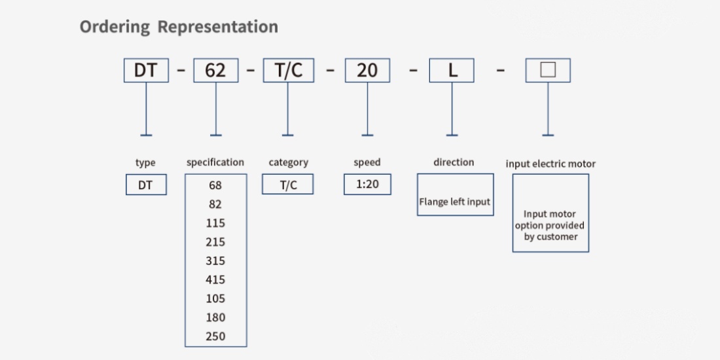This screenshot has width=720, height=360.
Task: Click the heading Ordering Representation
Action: [x=179, y=27]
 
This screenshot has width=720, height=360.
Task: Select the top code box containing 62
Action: [x=216, y=70]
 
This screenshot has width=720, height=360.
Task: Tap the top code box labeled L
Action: [x=452, y=70]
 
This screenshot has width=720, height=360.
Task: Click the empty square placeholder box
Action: [x=548, y=70]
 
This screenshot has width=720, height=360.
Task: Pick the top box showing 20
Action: [x=367, y=70]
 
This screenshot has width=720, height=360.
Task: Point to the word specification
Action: [x=215, y=162]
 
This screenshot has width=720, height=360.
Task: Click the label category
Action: [x=289, y=162]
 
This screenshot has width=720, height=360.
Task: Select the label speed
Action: [x=367, y=162]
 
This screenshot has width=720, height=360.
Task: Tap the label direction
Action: [x=454, y=162]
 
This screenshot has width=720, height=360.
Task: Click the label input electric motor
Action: [x=550, y=164]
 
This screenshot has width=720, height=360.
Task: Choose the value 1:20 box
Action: [x=367, y=184]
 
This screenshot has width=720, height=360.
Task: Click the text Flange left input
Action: [x=455, y=202]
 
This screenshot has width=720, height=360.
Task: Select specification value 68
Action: [x=215, y=185]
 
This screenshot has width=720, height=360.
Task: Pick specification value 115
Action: [x=215, y=223]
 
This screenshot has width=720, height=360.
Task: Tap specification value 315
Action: [x=215, y=261]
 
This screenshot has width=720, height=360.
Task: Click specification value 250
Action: [x=215, y=336]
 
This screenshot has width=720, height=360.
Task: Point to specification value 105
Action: [x=215, y=298]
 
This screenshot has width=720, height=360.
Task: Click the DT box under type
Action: [x=146, y=185]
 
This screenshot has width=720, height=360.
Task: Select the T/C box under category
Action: [x=288, y=184]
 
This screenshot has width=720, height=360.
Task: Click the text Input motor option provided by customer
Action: [x=550, y=225]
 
